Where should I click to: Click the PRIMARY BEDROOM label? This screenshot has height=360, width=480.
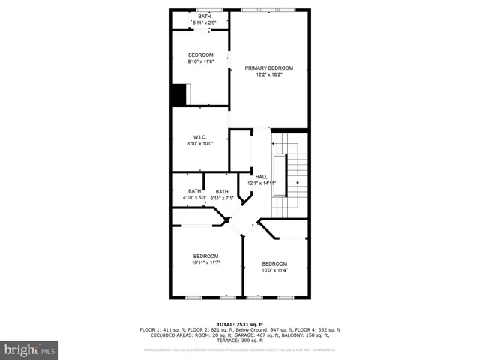[269, 68]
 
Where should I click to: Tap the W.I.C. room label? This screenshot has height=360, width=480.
[199, 137]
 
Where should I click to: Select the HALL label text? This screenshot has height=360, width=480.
[262, 177]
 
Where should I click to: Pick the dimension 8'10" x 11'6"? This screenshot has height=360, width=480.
[201, 61]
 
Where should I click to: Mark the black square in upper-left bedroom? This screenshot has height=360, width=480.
[178, 94]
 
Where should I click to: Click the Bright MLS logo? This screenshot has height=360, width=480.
[30, 349]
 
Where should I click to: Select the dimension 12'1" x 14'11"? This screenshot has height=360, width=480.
[262, 183]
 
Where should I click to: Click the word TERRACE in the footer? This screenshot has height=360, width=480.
[228, 340]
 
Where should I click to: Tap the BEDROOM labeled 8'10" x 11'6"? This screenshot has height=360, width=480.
[201, 55]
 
